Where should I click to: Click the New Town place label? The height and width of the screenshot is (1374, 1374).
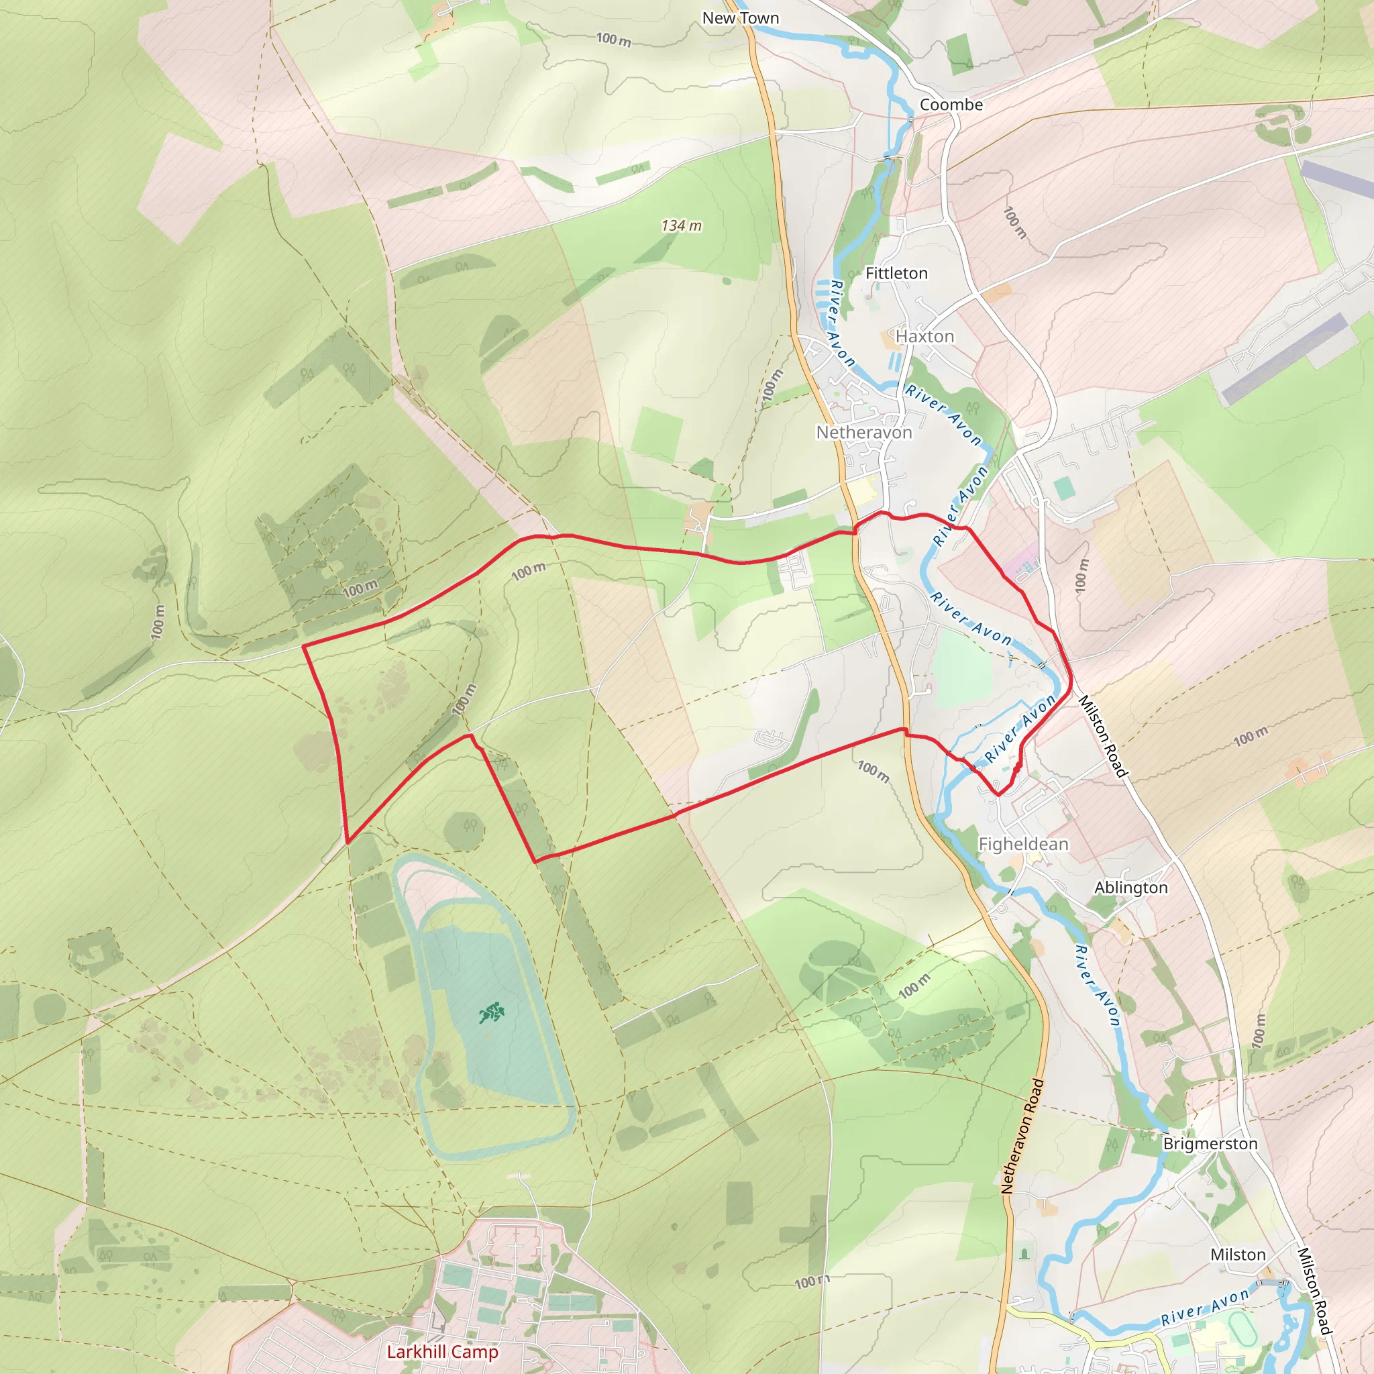tap(741, 19)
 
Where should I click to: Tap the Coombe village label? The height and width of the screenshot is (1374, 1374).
tap(951, 105)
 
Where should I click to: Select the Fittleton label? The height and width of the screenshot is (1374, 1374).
tap(896, 273)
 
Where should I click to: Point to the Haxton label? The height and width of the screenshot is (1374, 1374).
tap(924, 336)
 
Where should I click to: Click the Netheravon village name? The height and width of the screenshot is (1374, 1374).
tap(863, 433)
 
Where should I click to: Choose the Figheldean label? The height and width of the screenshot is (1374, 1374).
tap(1023, 844)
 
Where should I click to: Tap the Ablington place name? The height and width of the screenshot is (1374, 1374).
tap(1130, 888)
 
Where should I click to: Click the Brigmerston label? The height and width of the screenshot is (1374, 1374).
tap(1210, 1144)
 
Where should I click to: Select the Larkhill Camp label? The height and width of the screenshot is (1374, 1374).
tap(442, 1351)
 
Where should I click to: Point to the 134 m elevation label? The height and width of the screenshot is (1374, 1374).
tap(682, 225)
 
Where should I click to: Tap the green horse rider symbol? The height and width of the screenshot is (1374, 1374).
tap(490, 1012)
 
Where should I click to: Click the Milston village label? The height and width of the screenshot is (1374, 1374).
tap(1238, 1255)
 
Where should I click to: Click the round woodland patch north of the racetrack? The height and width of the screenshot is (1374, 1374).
tap(464, 830)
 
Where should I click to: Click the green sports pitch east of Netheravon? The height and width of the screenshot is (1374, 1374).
tap(1064, 488)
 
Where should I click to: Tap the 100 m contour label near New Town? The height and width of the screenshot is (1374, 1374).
tap(614, 40)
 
